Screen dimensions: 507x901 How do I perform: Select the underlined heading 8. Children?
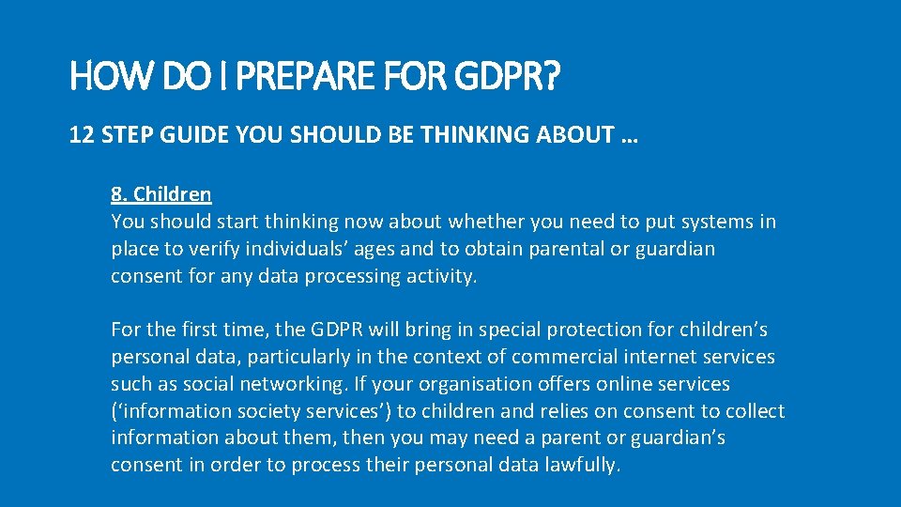[160, 194]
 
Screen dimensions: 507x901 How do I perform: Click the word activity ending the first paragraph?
[441, 276]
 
